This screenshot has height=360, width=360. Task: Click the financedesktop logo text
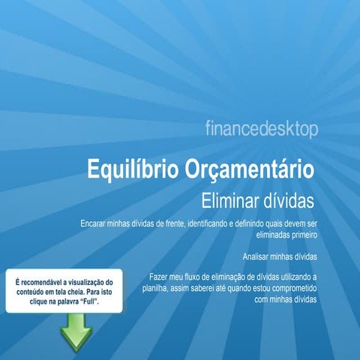click(261, 129)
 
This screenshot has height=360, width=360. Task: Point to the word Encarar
click(94, 223)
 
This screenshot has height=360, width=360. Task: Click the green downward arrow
click(76, 331)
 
